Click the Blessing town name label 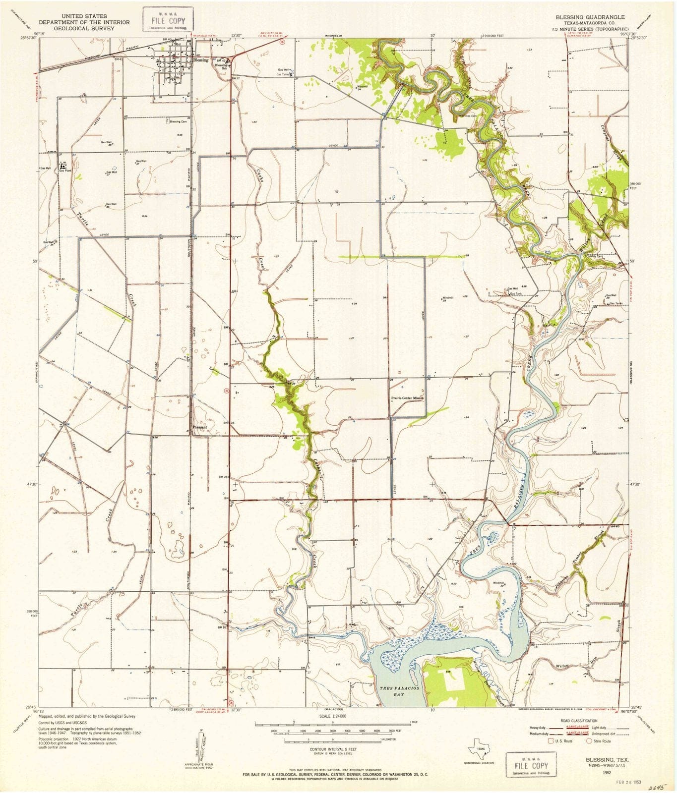click(x=201, y=60)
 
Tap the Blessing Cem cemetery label click(x=178, y=121)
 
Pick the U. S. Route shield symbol click(x=550, y=741)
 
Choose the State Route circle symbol click(x=589, y=741)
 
